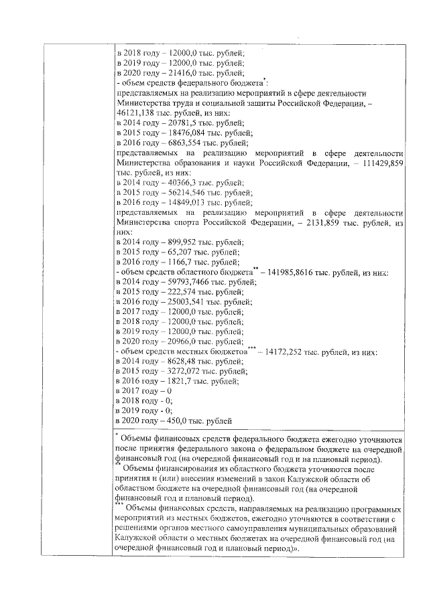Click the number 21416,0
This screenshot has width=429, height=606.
pyautogui.click(x=180, y=73)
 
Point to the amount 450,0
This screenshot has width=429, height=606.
pyautogui.click(x=176, y=421)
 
